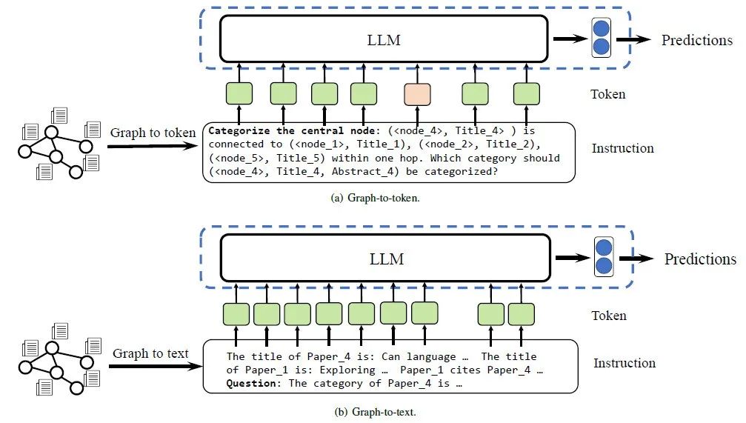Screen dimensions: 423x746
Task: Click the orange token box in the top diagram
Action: point(417,93)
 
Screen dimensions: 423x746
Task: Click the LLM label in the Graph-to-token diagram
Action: point(384,40)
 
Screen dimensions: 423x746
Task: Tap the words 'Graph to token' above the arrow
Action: point(153,133)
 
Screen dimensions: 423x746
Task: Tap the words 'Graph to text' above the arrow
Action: point(150,353)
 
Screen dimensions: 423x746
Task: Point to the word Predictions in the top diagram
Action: point(696,40)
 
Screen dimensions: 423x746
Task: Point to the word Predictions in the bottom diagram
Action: point(700,259)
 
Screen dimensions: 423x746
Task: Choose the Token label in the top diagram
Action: point(607,94)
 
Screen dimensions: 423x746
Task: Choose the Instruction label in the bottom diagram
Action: point(624,363)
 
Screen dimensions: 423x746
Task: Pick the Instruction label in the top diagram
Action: point(622,148)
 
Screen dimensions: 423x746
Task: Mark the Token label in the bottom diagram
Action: point(608,316)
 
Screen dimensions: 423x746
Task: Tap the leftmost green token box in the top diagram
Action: point(239,93)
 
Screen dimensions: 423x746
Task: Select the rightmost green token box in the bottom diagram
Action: point(522,314)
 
